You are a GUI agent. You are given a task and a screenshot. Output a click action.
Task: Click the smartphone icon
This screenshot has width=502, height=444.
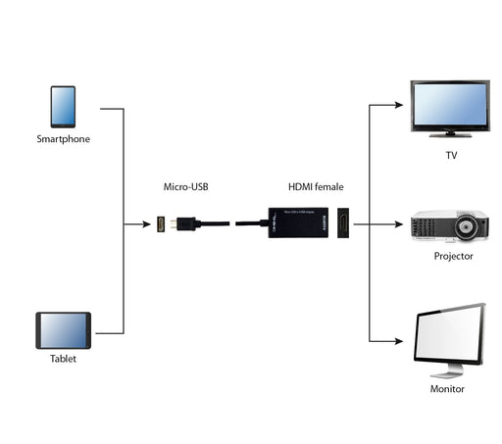pyautogui.click(x=63, y=107)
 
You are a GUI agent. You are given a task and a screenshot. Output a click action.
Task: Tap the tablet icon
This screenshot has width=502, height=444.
pyautogui.click(x=63, y=330)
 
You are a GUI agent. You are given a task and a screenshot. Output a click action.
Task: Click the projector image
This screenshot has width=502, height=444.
pyautogui.click(x=451, y=225)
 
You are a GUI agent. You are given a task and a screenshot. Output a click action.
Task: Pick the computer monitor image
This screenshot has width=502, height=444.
pyautogui.click(x=450, y=338)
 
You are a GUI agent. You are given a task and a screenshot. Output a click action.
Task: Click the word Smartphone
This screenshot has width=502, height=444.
pyautogui.click(x=63, y=139)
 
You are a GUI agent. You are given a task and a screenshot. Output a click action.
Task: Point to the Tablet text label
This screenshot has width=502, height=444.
pyautogui.click(x=63, y=359)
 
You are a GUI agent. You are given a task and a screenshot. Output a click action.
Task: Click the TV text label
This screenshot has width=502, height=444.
pyautogui.click(x=451, y=155)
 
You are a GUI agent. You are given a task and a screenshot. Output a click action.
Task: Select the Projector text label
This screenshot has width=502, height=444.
pyautogui.click(x=453, y=256)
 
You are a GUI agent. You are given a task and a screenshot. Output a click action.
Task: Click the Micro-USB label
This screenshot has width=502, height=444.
pyautogui.click(x=186, y=186)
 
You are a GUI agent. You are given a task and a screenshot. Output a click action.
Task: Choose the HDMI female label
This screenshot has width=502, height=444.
pyautogui.click(x=315, y=186)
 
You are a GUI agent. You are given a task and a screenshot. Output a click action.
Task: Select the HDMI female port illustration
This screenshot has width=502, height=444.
pyautogui.click(x=343, y=224)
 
